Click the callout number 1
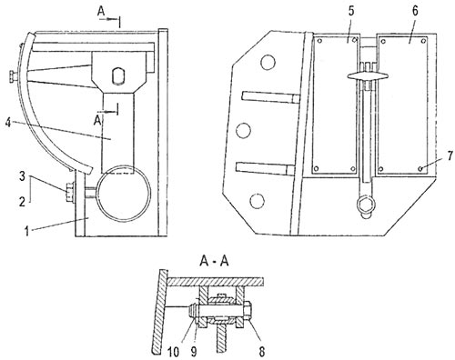(27, 231)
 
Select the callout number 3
(22, 176)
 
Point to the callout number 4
(8, 123)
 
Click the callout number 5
(351, 11)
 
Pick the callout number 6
(415, 11)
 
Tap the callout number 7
(450, 155)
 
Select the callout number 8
(262, 352)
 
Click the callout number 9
(194, 352)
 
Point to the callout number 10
(173, 352)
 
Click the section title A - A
(214, 261)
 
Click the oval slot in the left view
(117, 75)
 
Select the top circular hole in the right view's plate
(268, 62)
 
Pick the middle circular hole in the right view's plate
(243, 131)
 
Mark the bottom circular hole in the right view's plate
(257, 201)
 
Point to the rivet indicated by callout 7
(420, 168)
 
